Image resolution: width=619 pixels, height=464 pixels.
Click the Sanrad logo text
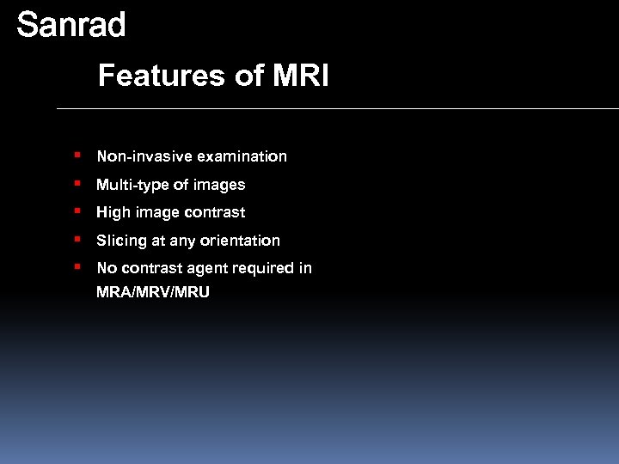(x=71, y=25)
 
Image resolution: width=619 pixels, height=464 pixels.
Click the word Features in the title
(x=161, y=76)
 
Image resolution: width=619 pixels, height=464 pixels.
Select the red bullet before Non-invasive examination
(x=77, y=156)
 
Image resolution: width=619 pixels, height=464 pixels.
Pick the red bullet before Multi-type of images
(x=77, y=184)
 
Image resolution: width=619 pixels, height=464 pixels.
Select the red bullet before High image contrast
(x=77, y=211)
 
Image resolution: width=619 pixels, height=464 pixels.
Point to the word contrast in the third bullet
(x=217, y=212)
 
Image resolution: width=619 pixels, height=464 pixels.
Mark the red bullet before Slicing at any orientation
(x=77, y=240)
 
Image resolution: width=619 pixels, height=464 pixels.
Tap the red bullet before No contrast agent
(x=77, y=267)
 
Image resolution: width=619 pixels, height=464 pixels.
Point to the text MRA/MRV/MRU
(x=153, y=293)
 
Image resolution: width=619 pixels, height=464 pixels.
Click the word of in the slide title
(x=249, y=76)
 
